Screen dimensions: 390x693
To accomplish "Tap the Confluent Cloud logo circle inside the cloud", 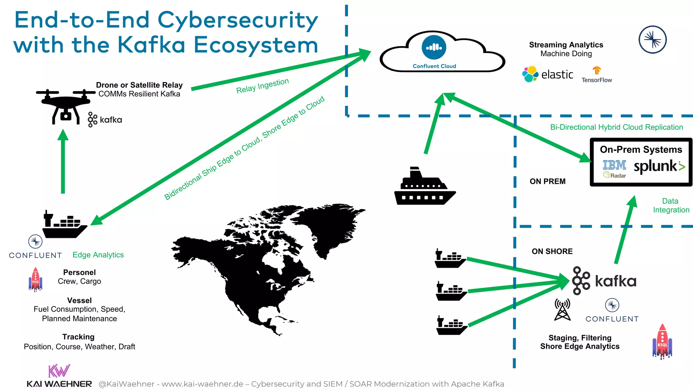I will coord(434,47).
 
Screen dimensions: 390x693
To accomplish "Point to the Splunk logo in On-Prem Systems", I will coord(659,166).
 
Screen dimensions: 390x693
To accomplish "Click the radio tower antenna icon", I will coord(562,309).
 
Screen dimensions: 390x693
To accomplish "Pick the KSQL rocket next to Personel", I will coord(36,279).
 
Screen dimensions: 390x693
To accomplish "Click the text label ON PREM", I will coord(547,181).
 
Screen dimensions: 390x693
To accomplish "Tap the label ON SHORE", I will coord(552,252).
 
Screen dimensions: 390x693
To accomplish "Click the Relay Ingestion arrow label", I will coord(262,86).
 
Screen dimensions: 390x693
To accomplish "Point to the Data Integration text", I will coord(671,205).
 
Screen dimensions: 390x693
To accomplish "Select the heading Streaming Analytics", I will coord(566,45).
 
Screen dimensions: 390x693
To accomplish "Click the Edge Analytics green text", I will coord(98,255).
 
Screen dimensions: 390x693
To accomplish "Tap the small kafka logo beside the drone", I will coord(105,120).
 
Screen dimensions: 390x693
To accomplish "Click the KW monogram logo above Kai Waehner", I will coord(59,371).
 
